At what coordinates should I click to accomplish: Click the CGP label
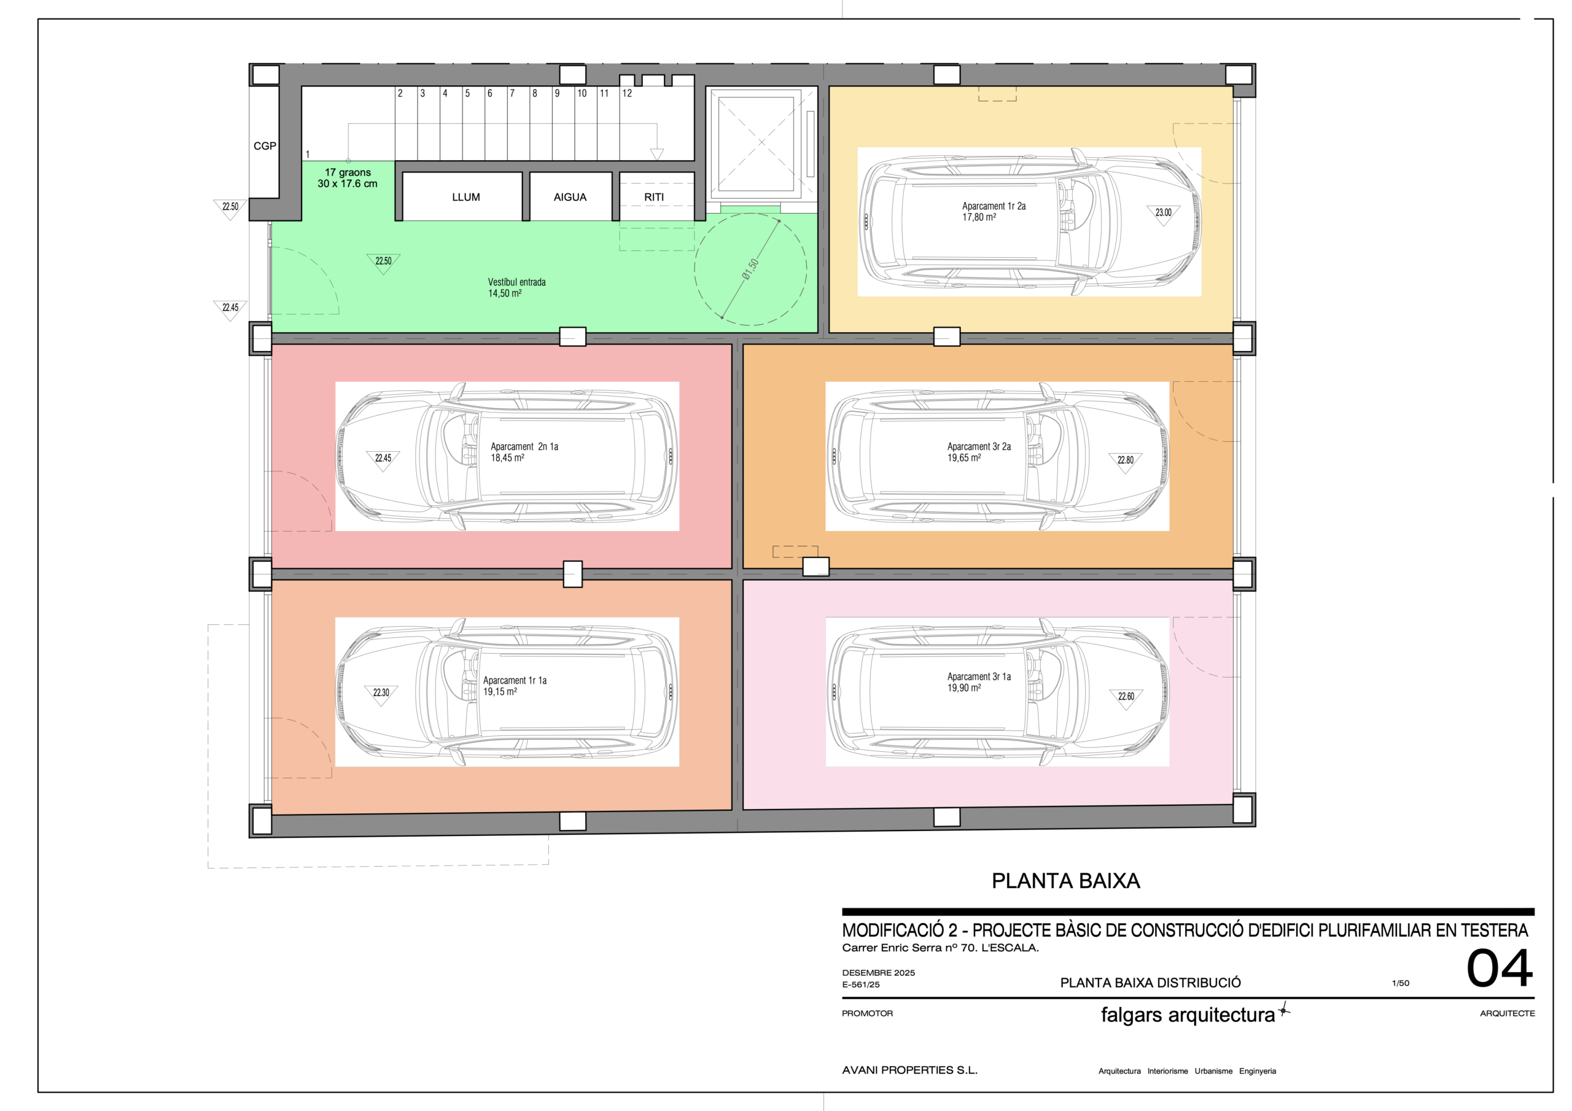pos(265,146)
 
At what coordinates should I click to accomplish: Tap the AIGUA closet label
pos(570,197)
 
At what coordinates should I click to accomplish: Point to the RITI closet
pos(656,196)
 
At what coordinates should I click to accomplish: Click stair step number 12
pos(627,94)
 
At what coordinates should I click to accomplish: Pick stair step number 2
pos(400,94)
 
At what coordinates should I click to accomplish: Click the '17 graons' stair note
pos(348,172)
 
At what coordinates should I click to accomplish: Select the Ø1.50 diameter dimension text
pos(750,269)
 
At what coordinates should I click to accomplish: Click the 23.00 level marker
pos(1163,214)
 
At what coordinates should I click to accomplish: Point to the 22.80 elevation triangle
pos(1126,462)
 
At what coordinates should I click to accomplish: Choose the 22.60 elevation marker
pos(1126,699)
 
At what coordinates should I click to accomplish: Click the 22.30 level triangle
pos(381,694)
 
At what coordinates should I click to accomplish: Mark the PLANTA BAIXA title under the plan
pos(1065,881)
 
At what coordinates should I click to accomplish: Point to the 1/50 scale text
pos(1400,983)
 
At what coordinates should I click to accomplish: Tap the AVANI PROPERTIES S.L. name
pos(909,1070)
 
